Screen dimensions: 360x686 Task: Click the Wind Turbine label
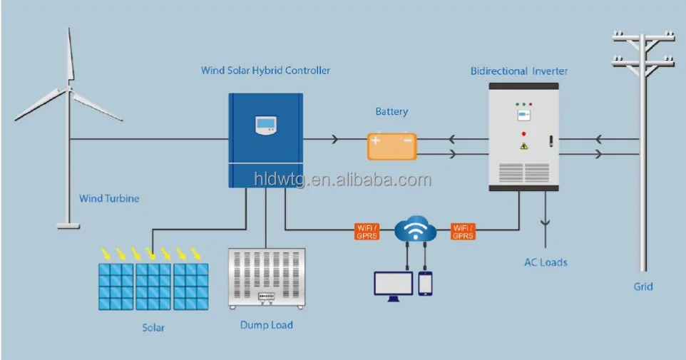[108, 198]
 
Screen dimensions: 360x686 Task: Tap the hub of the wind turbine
[69, 91]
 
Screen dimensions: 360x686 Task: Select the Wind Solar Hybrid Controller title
[265, 71]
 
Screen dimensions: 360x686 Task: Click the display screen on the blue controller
[265, 125]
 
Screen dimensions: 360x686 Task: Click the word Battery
[391, 111]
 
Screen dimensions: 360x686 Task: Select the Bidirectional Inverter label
[519, 71]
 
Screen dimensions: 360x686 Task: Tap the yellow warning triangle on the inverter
[524, 146]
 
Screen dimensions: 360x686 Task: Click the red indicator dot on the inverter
[524, 134]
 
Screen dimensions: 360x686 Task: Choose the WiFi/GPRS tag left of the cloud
[367, 231]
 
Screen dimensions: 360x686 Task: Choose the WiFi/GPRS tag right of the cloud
[463, 231]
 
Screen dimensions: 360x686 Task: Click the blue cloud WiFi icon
[415, 229]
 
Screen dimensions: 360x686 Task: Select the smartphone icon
[426, 283]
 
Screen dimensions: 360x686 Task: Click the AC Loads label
[546, 262]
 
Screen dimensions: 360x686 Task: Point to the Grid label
[643, 287]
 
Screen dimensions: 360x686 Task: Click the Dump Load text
[266, 325]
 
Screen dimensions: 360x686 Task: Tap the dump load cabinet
[266, 278]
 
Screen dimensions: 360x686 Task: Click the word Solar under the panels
[153, 327]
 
